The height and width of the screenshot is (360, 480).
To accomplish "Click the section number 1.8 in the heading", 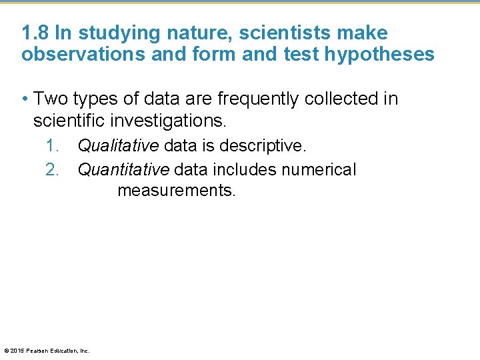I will click(35, 33).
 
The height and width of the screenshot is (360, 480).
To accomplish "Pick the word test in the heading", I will click(302, 54).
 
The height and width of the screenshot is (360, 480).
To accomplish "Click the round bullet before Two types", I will click(25, 99).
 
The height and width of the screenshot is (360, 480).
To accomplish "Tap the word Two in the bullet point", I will click(50, 99).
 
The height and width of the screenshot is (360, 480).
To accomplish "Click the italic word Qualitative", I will click(118, 145).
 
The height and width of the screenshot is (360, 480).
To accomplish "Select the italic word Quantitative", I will click(123, 170).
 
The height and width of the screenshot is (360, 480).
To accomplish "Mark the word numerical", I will click(319, 170).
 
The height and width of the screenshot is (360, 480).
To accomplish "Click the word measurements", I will click(176, 191).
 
